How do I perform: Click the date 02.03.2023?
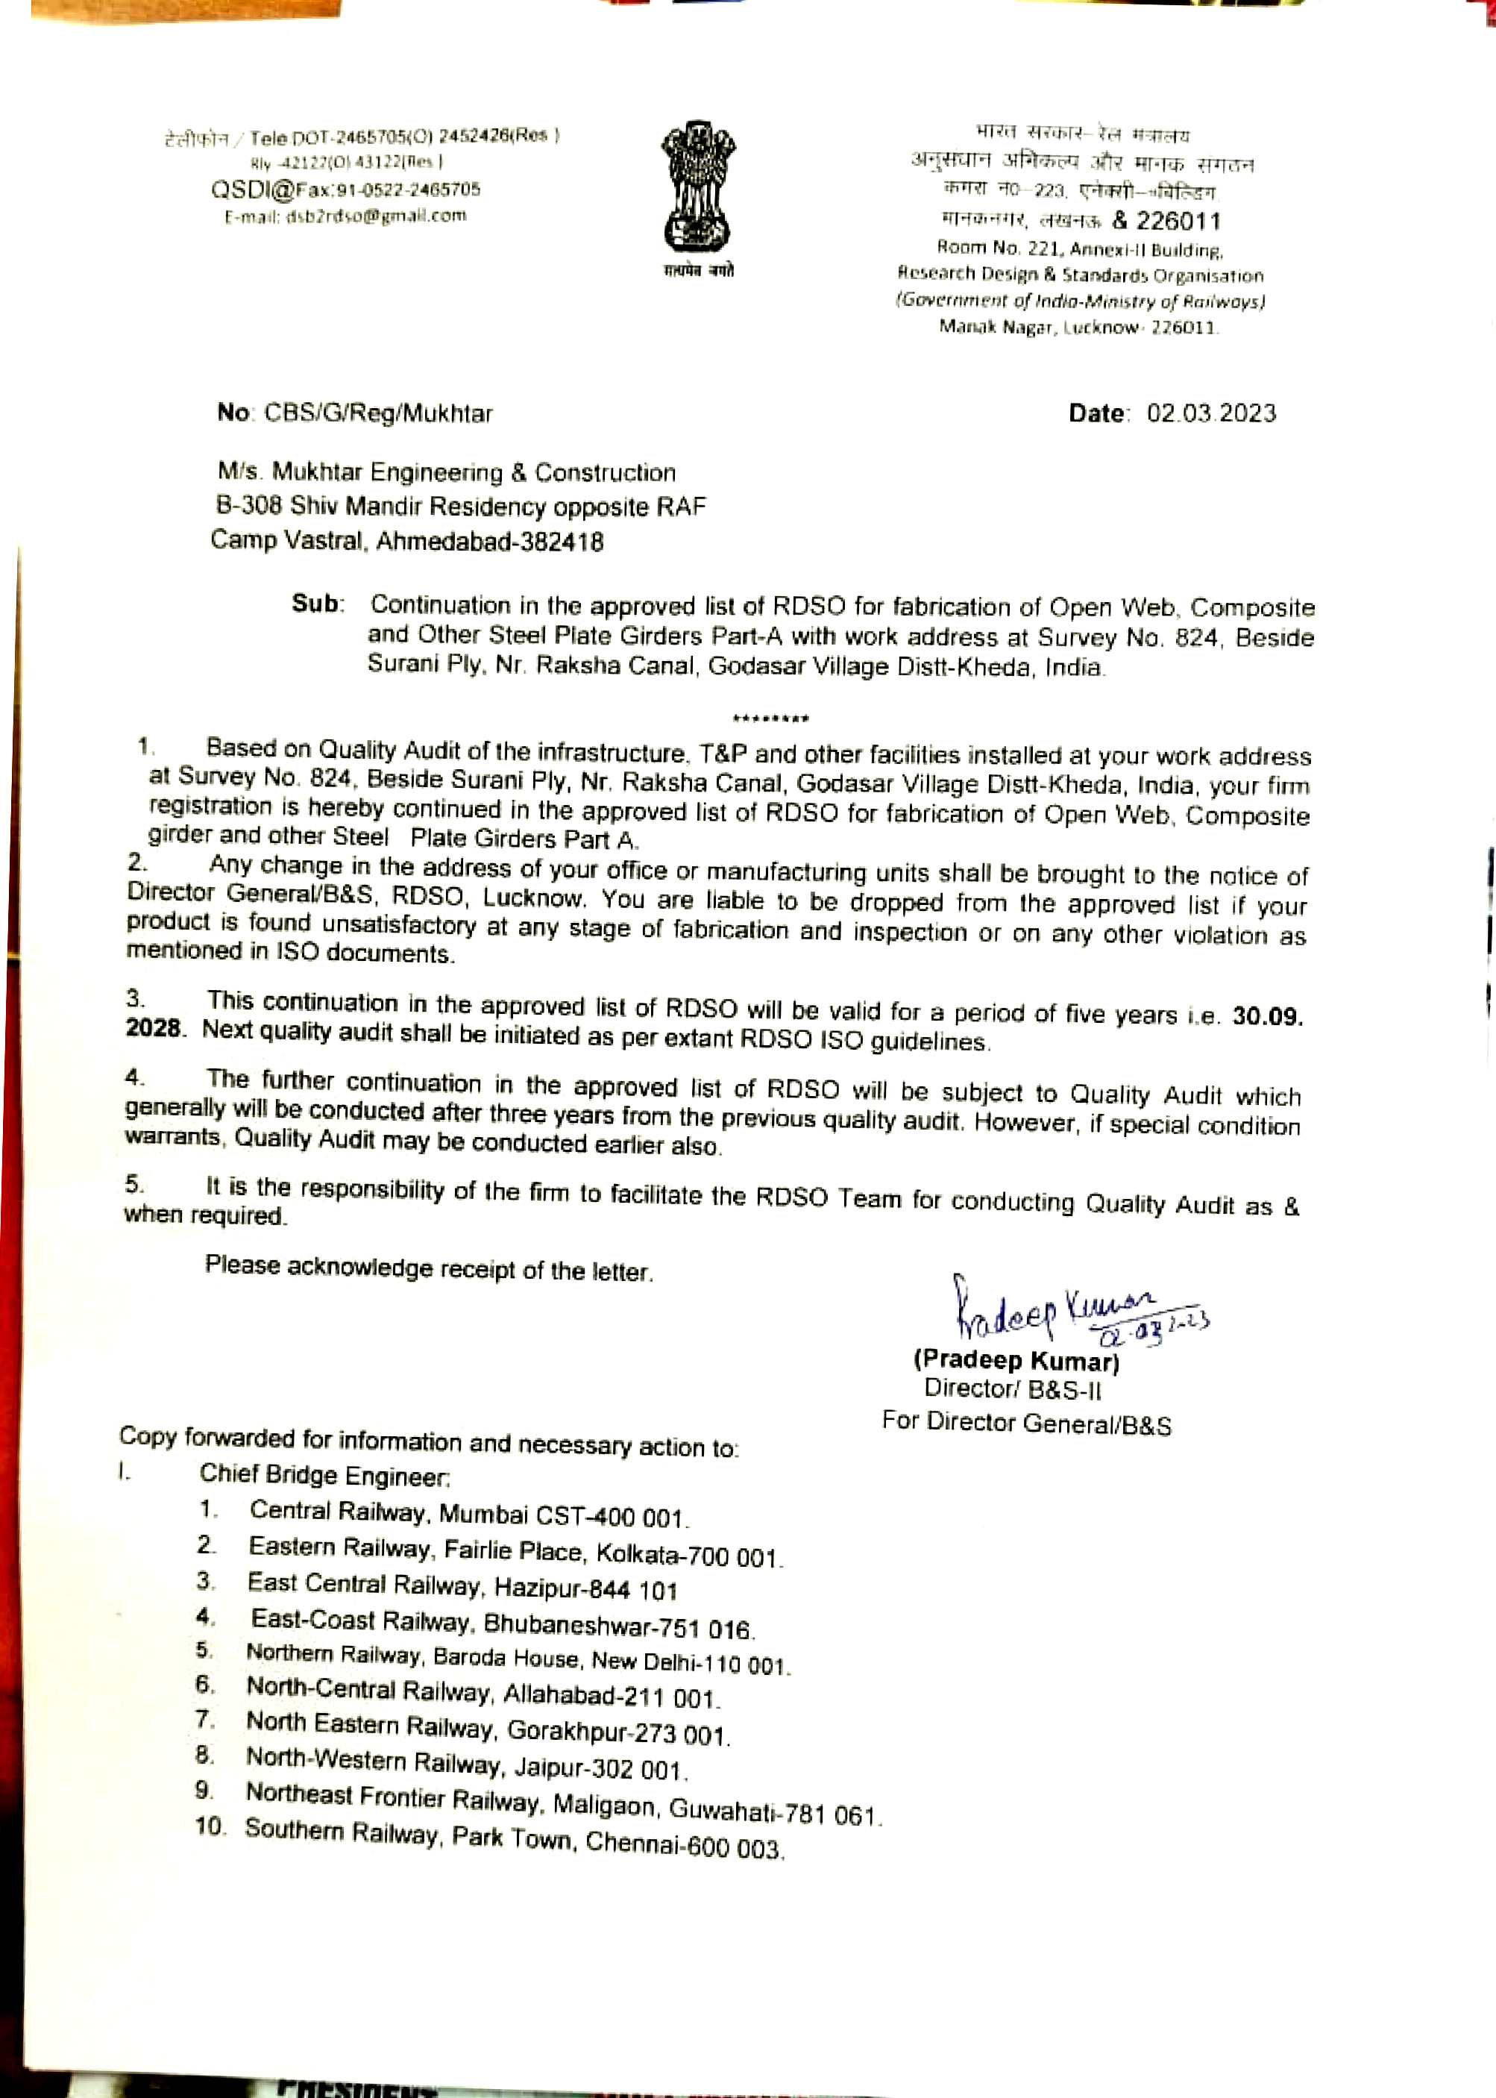[x=1210, y=413]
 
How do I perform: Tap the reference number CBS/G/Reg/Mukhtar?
[x=377, y=413]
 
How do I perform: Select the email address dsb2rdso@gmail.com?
[x=377, y=216]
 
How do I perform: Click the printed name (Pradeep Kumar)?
[x=1016, y=1360]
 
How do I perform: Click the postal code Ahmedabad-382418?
[x=489, y=541]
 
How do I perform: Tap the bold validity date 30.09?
[x=1266, y=1016]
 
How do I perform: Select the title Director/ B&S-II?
[x=1013, y=1389]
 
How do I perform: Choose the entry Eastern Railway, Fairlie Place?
[x=415, y=1550]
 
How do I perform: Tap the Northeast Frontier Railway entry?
[x=392, y=1797]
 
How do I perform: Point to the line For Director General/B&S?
[x=1026, y=1423]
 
